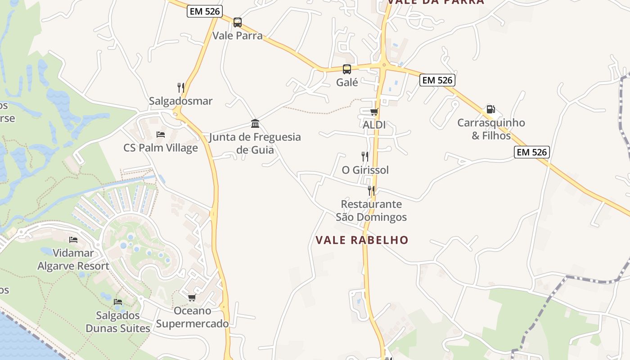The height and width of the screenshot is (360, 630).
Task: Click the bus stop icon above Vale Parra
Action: tap(237, 22)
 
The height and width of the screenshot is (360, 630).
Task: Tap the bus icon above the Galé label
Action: tap(347, 69)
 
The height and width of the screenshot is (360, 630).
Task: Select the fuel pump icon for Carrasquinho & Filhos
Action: tap(490, 109)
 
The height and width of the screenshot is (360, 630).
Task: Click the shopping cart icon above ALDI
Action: tap(374, 112)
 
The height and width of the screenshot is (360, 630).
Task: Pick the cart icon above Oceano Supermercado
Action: tap(192, 297)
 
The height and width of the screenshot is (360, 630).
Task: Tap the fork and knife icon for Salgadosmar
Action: tap(180, 87)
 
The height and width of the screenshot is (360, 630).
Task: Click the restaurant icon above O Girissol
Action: tap(365, 157)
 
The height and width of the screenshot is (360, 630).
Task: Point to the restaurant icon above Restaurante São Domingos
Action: tap(371, 191)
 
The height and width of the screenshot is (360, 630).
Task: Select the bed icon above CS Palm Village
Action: tap(161, 134)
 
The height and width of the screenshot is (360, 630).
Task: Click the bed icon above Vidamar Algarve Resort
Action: tap(73, 240)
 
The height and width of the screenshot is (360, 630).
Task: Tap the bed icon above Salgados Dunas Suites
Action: tap(118, 301)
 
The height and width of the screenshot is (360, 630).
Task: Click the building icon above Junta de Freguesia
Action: tap(255, 124)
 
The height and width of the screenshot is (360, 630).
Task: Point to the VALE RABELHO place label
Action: tap(362, 240)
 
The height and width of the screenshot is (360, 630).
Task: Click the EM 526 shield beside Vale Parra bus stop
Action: tap(205, 12)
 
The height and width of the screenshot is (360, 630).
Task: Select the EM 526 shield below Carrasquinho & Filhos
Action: tap(532, 152)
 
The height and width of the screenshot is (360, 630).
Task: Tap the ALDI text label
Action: tap(374, 125)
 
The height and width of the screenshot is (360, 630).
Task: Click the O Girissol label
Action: tap(365, 170)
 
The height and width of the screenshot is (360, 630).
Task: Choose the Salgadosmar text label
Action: tap(181, 101)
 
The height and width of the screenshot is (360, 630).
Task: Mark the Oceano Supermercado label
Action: tap(193, 317)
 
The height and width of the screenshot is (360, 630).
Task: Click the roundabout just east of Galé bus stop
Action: tap(383, 66)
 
